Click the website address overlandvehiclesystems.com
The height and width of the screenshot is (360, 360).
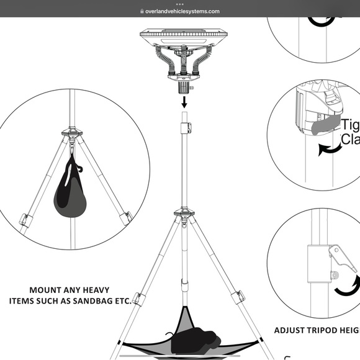point(182,11)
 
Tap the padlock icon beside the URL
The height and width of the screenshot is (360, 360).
point(142,11)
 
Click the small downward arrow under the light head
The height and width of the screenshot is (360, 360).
point(184,100)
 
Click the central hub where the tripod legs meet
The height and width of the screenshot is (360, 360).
point(184,216)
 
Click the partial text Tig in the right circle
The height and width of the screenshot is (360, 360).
point(349,125)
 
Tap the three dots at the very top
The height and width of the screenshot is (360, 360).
point(180,3)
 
